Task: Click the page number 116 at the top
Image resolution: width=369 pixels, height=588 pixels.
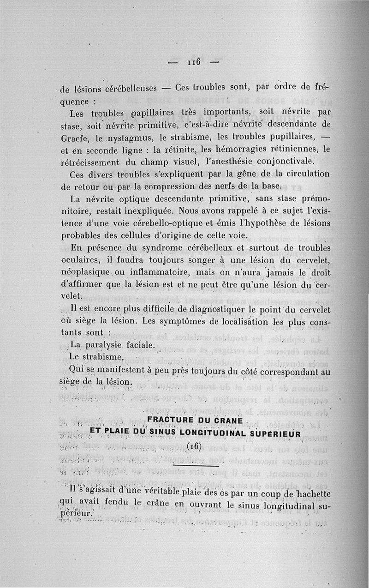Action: coord(193,62)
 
